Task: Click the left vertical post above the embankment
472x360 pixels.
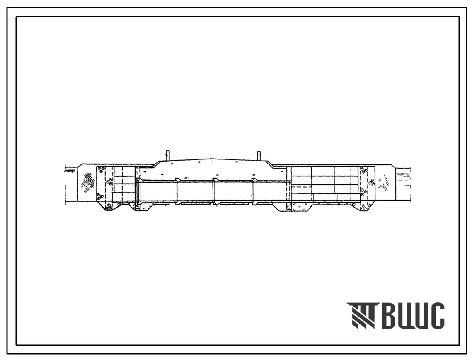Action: (168, 156)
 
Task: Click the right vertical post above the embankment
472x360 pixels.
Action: (258, 156)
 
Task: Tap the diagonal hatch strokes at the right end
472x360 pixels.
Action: (384, 183)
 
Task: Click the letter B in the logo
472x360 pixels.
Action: (390, 315)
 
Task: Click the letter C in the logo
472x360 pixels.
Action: (436, 315)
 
